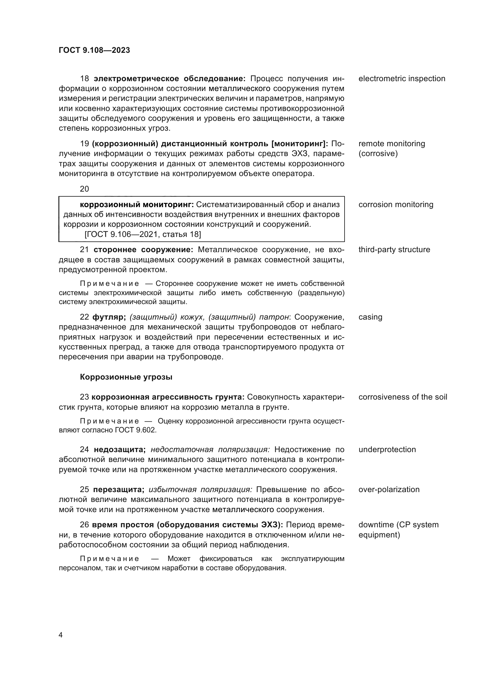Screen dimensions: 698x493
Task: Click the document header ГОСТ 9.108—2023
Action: tap(94, 50)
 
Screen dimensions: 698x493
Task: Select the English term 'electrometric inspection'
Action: tap(401, 79)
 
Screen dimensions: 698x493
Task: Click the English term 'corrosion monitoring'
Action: tap(396, 205)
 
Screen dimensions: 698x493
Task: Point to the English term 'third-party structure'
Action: tap(394, 249)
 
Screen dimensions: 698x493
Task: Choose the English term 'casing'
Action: tap(370, 317)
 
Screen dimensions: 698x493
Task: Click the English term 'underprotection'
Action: tap(387, 449)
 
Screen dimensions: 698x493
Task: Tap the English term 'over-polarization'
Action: tap(389, 489)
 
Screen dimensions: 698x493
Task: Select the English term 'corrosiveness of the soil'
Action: tap(402, 397)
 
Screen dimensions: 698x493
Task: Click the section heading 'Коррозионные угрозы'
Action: tap(126, 377)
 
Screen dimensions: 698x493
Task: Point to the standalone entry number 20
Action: tap(84, 189)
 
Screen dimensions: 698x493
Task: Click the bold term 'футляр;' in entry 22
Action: tap(109, 317)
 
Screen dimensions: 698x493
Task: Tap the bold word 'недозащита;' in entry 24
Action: tap(120, 449)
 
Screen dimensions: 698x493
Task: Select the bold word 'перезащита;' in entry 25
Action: tap(118, 489)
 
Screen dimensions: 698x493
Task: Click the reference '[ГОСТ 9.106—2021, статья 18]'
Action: tap(143, 234)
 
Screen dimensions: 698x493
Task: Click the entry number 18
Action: tap(84, 79)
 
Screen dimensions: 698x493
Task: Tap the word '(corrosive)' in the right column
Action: tap(378, 153)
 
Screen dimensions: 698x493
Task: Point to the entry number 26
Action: tap(84, 525)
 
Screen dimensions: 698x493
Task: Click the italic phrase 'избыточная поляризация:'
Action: tap(200, 489)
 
